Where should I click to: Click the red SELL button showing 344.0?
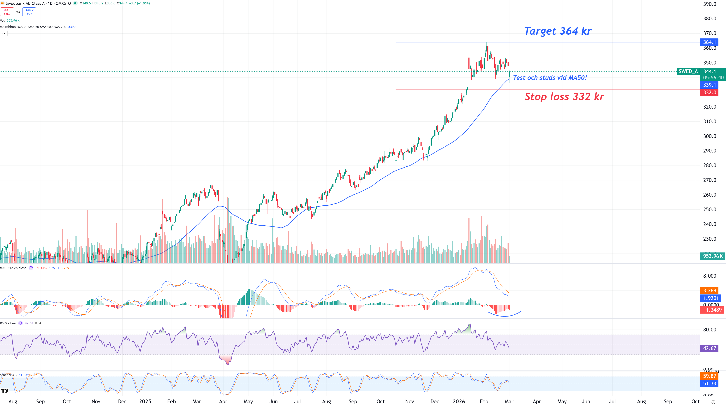pos(7,12)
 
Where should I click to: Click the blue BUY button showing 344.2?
pos(29,12)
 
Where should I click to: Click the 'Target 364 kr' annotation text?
pos(557,31)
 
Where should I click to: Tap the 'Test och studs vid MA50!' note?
pos(550,78)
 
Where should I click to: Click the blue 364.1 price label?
pos(709,42)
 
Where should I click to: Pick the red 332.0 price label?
pos(709,93)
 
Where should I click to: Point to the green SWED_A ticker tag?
pos(688,71)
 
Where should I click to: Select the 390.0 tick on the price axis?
pos(709,4)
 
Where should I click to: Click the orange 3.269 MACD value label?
pos(709,290)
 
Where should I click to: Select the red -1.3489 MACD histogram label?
pos(712,310)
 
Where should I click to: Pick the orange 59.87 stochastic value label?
pos(709,376)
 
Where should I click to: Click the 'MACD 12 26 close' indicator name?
pos(13,268)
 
